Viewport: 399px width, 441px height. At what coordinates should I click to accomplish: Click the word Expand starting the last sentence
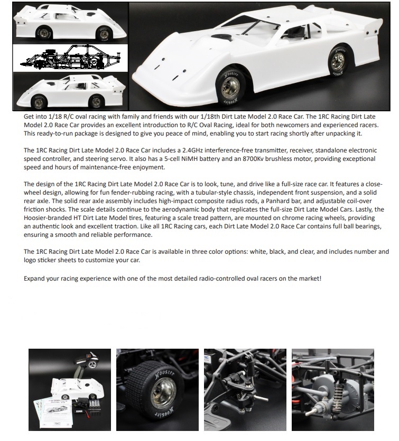click(x=36, y=277)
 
